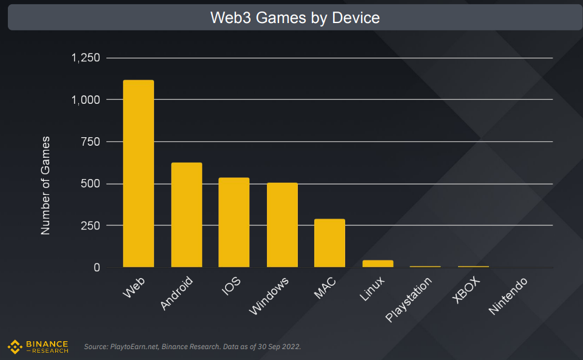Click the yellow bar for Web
[138, 174]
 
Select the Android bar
[186, 215]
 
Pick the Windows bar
[282, 225]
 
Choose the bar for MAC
[329, 243]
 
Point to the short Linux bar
[377, 263]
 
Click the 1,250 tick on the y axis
[86, 58]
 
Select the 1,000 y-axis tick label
[86, 100]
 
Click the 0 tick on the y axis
[96, 267]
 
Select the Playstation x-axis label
[409, 300]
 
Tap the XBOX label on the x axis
[466, 291]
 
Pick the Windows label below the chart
[269, 296]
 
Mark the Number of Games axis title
[45, 186]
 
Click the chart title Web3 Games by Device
[295, 18]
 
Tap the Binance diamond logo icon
[15, 347]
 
